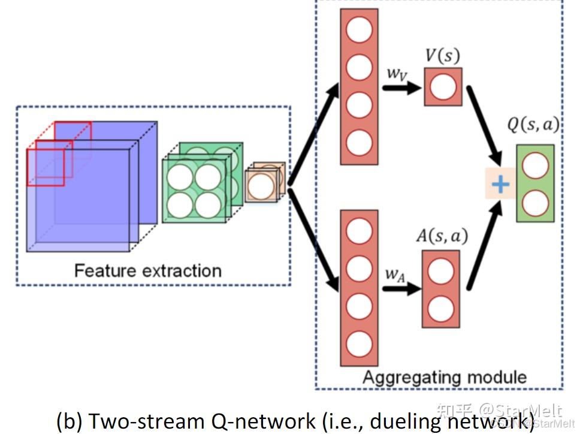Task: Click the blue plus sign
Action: tap(500, 184)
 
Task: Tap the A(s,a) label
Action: tap(442, 236)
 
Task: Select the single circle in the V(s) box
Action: tap(443, 88)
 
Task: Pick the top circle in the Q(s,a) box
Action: tap(534, 166)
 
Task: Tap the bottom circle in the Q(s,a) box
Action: tap(534, 203)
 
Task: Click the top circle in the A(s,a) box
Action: tap(440, 269)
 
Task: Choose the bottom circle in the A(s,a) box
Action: tap(440, 308)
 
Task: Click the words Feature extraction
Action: tap(147, 270)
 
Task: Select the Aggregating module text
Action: tap(445, 377)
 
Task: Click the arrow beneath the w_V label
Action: tap(401, 88)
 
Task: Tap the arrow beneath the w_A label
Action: tap(401, 289)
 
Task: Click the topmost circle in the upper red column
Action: tap(359, 31)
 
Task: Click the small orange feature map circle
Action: tap(261, 186)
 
